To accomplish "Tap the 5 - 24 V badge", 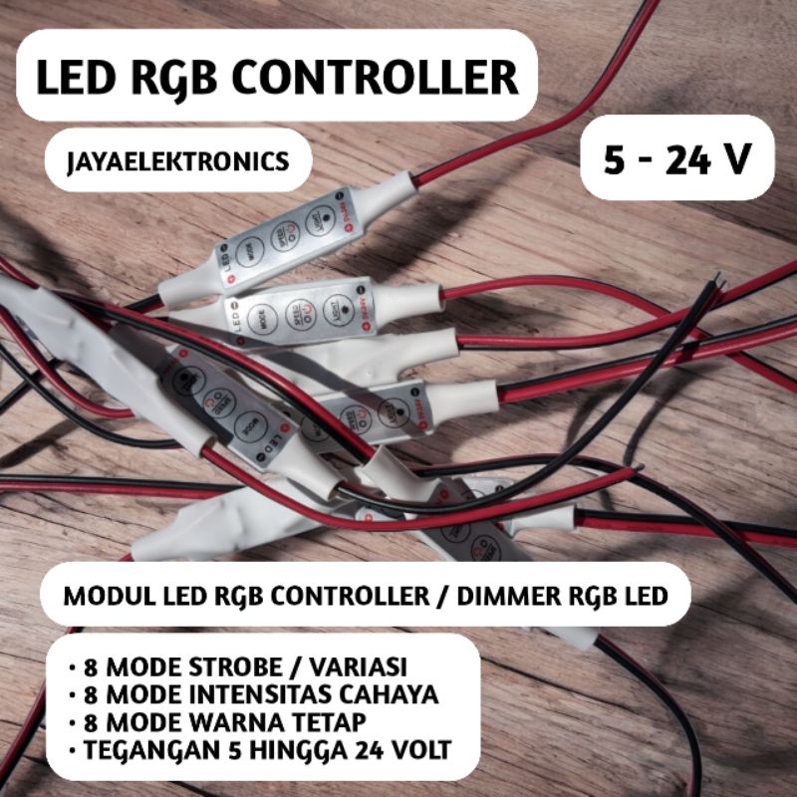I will point(677,157).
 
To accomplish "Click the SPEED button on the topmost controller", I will point(285,235).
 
